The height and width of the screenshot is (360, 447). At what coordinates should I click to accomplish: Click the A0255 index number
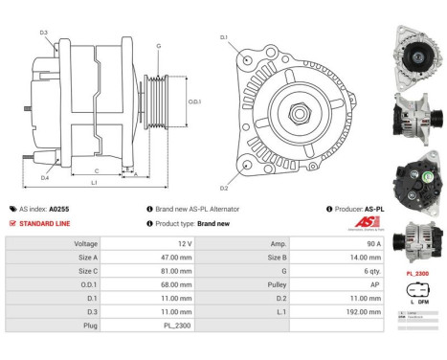pyautogui.click(x=59, y=208)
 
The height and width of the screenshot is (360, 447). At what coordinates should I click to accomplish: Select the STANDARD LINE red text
pyautogui.click(x=44, y=223)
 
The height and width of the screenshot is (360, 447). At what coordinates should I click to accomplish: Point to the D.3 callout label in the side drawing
pyautogui.click(x=44, y=33)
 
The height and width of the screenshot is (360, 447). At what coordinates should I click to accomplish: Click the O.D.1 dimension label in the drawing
pyautogui.click(x=194, y=101)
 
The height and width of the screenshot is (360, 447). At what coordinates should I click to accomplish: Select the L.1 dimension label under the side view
pyautogui.click(x=93, y=182)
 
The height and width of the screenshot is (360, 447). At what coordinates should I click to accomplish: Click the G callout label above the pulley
pyautogui.click(x=158, y=45)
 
